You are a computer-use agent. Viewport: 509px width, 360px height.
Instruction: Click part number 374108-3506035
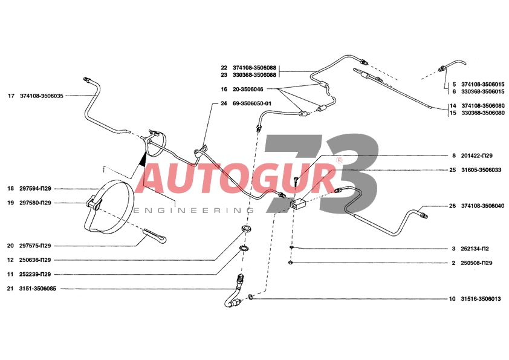[x=42, y=96]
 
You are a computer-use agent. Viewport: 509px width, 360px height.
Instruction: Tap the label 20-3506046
[x=248, y=89]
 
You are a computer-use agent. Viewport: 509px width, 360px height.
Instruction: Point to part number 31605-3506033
[x=481, y=169]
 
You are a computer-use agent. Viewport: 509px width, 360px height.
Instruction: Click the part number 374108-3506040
[x=483, y=206]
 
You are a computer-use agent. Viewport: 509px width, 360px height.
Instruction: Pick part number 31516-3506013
[x=481, y=299]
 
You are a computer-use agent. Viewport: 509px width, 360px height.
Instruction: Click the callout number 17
[x=11, y=96]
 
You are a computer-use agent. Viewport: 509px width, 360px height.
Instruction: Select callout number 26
[x=452, y=206]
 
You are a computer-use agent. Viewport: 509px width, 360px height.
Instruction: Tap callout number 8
[x=454, y=155]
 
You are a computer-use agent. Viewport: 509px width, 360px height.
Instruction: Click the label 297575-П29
[x=35, y=246]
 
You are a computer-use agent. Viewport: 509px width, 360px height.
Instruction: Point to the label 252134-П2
[x=475, y=249]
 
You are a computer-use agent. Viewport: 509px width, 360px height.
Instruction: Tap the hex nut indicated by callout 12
[x=247, y=229]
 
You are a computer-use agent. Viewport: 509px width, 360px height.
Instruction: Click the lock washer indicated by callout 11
[x=244, y=249]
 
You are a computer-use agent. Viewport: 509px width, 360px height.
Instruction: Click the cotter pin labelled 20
[x=155, y=235]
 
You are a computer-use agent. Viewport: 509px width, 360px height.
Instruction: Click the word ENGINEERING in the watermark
[x=194, y=211]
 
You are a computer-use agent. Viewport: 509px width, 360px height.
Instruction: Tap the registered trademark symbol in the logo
[x=339, y=160]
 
